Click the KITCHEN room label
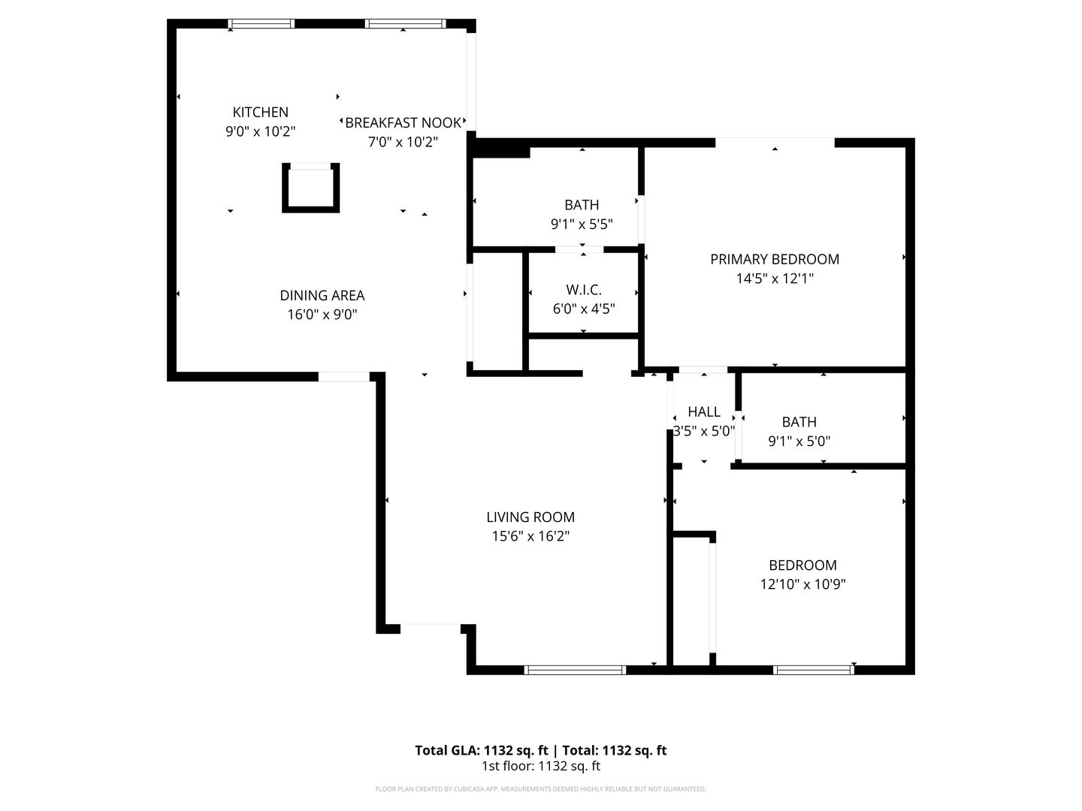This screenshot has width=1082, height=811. click(260, 113)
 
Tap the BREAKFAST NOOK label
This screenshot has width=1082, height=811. click(403, 122)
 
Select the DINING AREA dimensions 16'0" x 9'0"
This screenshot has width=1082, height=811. click(322, 315)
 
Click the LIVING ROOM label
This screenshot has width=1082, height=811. click(530, 517)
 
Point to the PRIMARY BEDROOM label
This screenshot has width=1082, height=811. click(775, 259)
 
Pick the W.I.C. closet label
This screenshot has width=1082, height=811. click(584, 290)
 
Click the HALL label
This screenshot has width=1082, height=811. click(704, 412)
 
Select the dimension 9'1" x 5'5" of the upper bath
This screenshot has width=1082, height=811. click(582, 224)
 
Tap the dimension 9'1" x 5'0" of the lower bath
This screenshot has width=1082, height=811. click(799, 442)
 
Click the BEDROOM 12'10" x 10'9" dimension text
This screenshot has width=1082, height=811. click(802, 584)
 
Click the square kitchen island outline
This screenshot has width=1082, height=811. click(310, 188)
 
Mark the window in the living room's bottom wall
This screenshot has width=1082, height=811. click(575, 669)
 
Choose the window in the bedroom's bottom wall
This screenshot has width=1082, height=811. click(813, 669)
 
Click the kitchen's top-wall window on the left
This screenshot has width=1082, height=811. click(261, 24)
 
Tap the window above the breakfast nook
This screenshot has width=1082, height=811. click(405, 24)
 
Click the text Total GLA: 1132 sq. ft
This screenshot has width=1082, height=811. click(482, 750)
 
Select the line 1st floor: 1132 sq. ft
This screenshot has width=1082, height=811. click(540, 767)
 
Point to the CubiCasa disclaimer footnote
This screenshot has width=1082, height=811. click(540, 789)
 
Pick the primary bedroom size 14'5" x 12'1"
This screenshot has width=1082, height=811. click(775, 279)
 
